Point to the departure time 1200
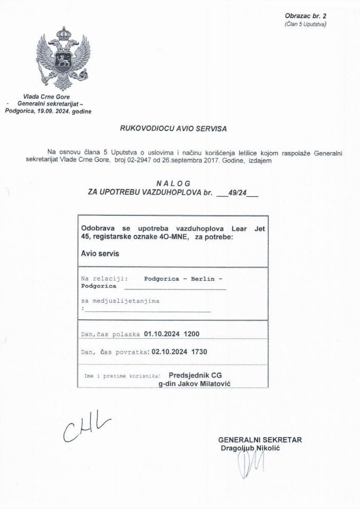[x=191, y=334]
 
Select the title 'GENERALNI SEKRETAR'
[x=259, y=440]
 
